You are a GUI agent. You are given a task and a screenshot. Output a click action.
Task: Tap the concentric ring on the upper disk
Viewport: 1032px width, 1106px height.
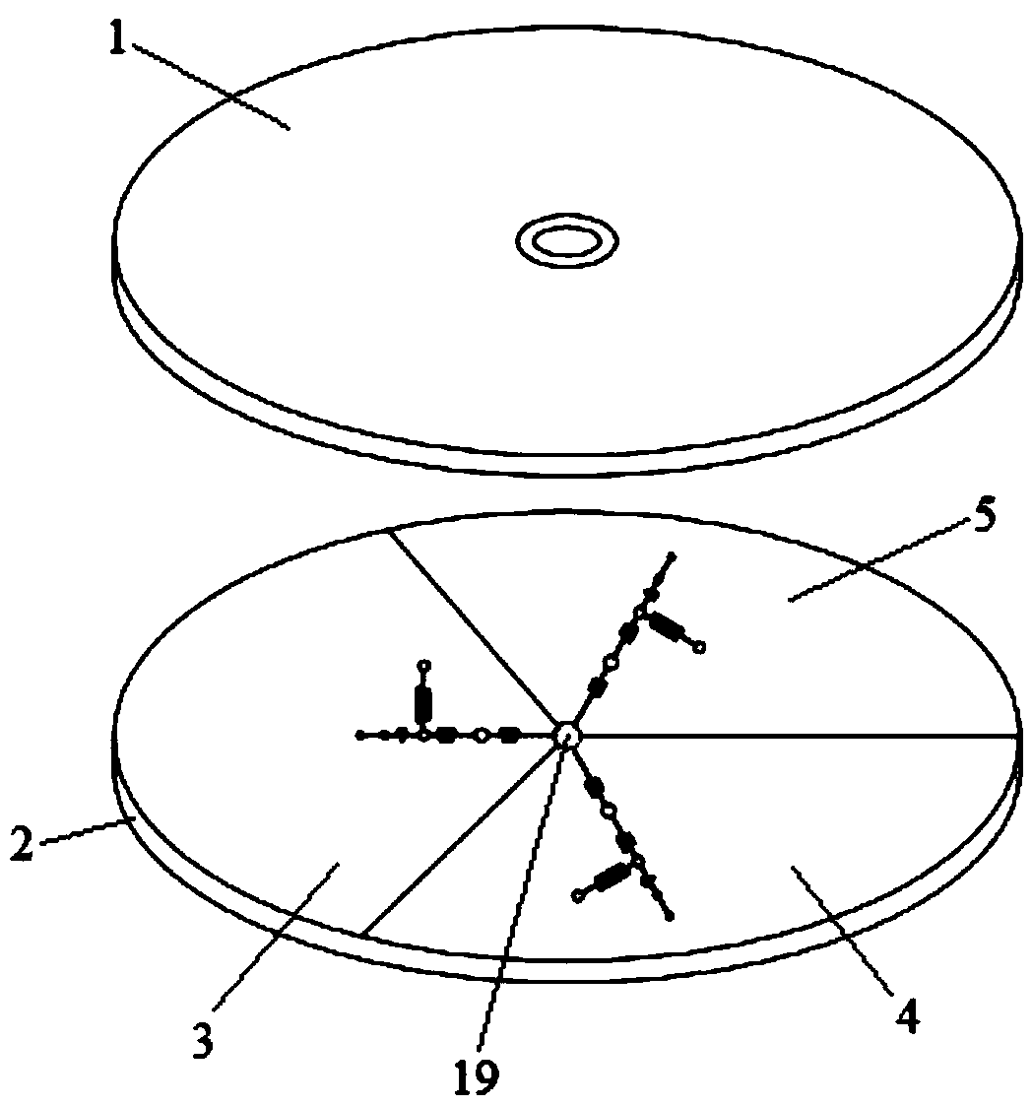pos(567,240)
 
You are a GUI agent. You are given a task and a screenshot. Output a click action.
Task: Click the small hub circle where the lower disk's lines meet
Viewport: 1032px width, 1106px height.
pos(568,736)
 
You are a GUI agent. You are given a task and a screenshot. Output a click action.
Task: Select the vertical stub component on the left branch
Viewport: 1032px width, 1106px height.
pos(424,701)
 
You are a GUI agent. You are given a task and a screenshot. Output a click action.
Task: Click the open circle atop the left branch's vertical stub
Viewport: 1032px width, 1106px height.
pos(424,666)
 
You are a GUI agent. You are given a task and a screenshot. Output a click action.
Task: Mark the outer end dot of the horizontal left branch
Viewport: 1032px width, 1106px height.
pos(359,735)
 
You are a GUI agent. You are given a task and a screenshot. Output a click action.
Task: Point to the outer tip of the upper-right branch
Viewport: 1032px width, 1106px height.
pos(672,557)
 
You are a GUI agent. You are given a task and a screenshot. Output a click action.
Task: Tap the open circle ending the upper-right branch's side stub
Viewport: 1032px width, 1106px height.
pos(700,647)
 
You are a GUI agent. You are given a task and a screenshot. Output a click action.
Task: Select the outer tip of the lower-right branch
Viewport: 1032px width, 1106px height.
pos(670,917)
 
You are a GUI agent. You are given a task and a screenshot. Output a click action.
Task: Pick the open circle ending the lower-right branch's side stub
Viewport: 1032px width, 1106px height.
pos(578,895)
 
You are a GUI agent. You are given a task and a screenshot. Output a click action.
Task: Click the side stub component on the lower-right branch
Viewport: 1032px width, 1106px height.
pos(611,876)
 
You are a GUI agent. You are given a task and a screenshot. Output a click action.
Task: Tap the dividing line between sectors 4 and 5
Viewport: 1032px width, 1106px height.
pos(798,735)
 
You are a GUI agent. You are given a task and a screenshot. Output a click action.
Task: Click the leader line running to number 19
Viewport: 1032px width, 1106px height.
pos(522,916)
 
